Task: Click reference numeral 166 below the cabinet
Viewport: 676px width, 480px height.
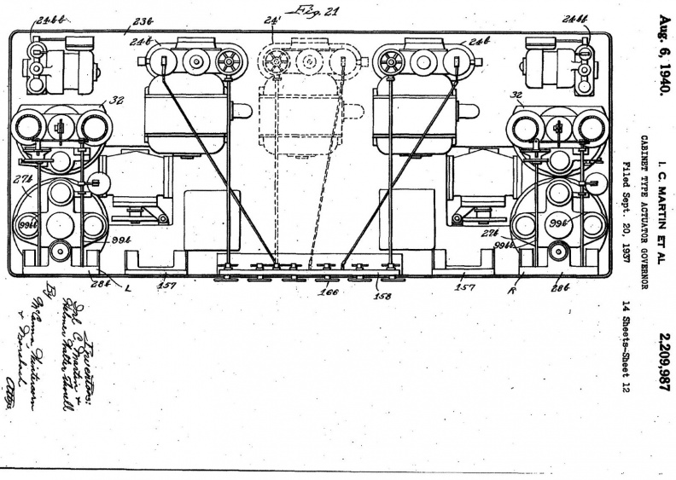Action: click(328, 292)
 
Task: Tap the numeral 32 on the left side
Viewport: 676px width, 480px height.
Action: click(117, 100)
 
